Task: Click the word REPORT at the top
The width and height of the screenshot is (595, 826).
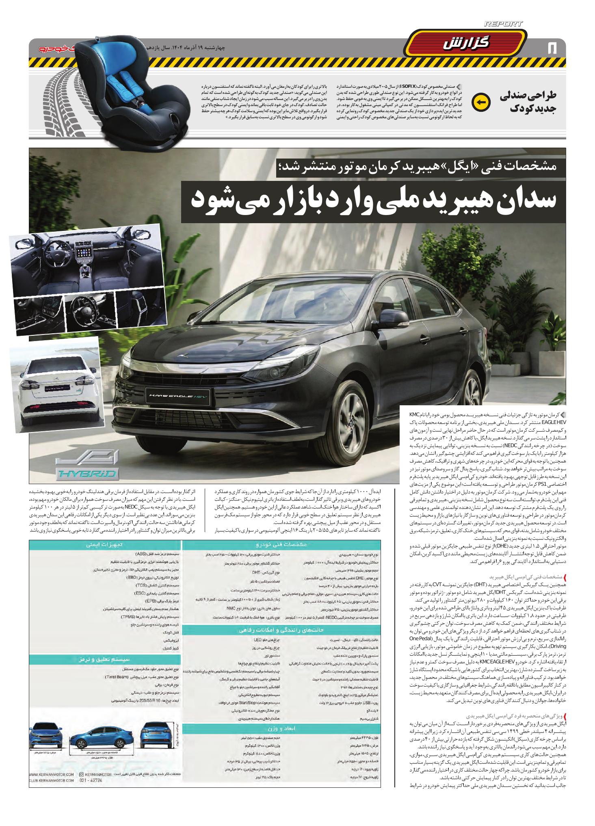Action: [503, 24]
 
